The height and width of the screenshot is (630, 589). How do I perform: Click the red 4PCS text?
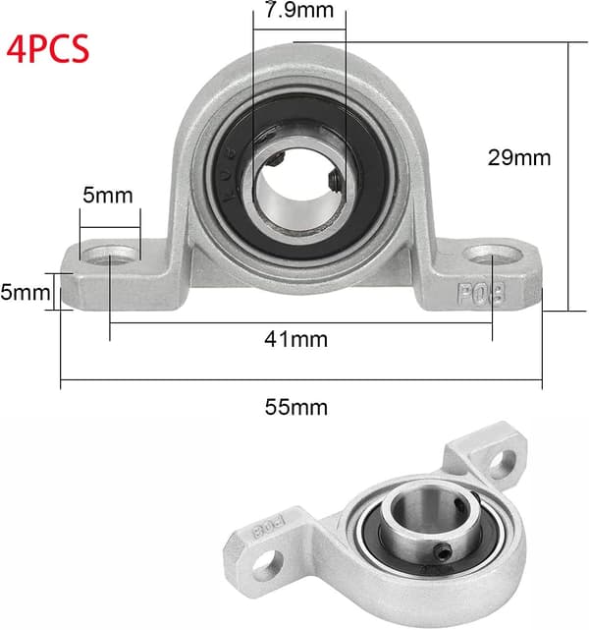pyautogui.click(x=48, y=48)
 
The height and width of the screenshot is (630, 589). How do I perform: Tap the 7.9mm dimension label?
pyautogui.click(x=299, y=10)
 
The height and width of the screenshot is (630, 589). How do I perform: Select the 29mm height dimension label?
pyautogui.click(x=519, y=157)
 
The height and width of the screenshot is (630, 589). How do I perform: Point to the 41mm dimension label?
pyautogui.click(x=296, y=339)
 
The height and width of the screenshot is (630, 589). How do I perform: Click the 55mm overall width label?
pyautogui.click(x=296, y=407)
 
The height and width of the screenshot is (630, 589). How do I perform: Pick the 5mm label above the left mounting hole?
pyautogui.click(x=108, y=196)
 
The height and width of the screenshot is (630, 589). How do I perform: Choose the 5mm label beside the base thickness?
pyautogui.click(x=25, y=292)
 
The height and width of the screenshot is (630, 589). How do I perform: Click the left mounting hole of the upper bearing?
pyautogui.click(x=110, y=256)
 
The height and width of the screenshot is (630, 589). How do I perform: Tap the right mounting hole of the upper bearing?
pyautogui.click(x=493, y=255)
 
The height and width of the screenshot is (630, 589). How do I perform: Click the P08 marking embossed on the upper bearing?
pyautogui.click(x=481, y=294)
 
